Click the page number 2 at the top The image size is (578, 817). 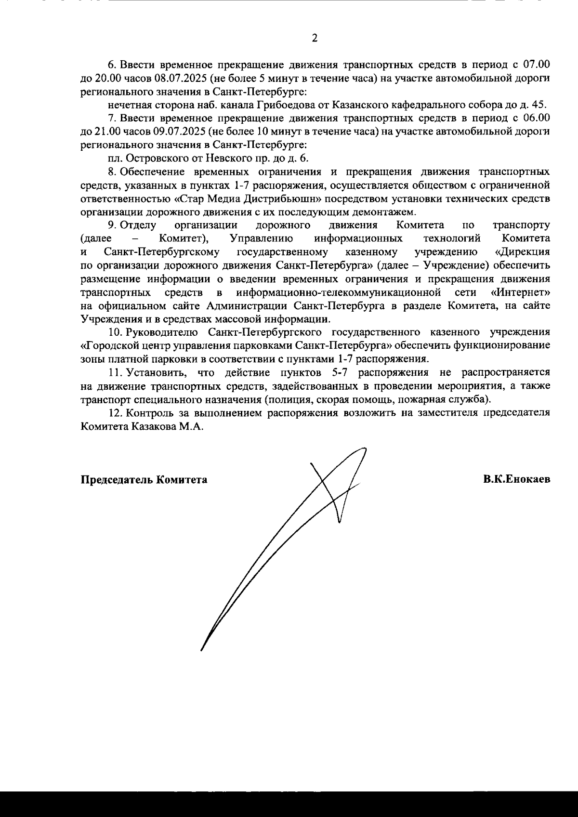point(315,38)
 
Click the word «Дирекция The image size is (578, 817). point(523,251)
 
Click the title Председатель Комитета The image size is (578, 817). point(144,480)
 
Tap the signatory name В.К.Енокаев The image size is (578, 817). point(517,479)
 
